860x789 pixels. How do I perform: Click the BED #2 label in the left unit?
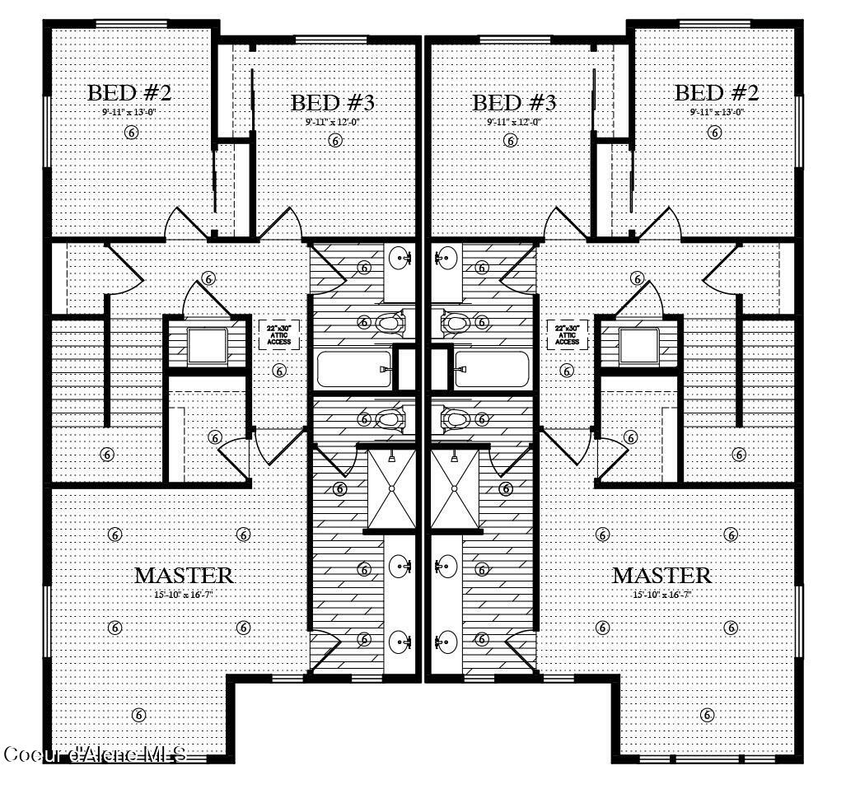click(129, 91)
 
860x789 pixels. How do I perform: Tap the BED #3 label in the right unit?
click(514, 103)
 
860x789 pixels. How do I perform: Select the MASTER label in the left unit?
click(184, 575)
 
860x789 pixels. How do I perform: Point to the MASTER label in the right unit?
click(661, 575)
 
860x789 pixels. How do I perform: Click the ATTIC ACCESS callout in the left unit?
click(278, 334)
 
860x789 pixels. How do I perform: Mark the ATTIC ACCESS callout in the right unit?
click(567, 334)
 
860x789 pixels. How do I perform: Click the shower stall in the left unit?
click(391, 488)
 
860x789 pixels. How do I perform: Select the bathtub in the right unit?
click(491, 370)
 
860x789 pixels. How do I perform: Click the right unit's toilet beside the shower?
click(456, 420)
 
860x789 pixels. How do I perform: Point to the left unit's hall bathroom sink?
click(402, 259)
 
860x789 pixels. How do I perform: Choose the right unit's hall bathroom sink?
click(445, 259)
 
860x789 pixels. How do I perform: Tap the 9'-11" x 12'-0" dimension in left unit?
click(333, 122)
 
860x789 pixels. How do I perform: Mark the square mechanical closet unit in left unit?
click(207, 346)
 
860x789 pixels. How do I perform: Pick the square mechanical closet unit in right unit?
click(639, 346)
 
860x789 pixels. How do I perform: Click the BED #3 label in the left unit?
click(333, 103)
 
